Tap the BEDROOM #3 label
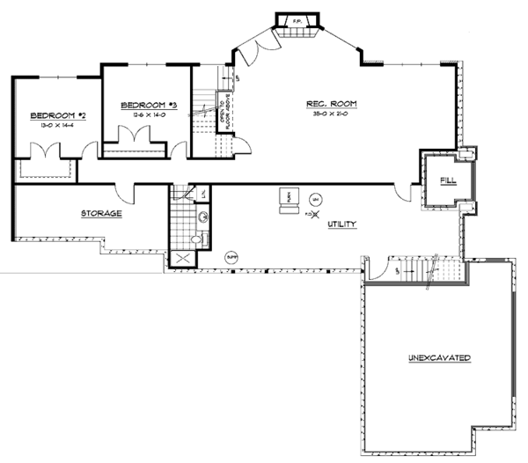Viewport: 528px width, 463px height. (x=149, y=105)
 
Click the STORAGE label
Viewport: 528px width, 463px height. (x=101, y=214)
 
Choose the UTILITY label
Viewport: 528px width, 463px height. (x=341, y=224)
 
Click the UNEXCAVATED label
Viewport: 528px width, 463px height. (x=439, y=358)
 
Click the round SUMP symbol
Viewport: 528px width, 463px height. (x=232, y=256)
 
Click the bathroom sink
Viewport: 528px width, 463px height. (x=202, y=216)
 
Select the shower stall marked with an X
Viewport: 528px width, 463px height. (x=183, y=258)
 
